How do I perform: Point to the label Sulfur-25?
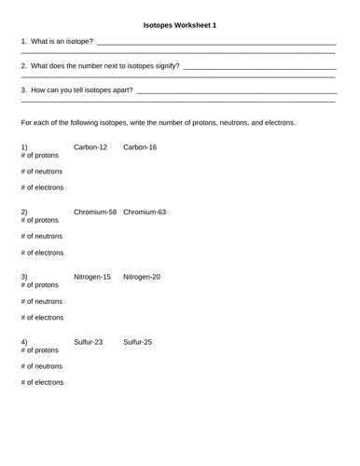[138, 342]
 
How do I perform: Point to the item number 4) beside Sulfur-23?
[24, 342]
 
